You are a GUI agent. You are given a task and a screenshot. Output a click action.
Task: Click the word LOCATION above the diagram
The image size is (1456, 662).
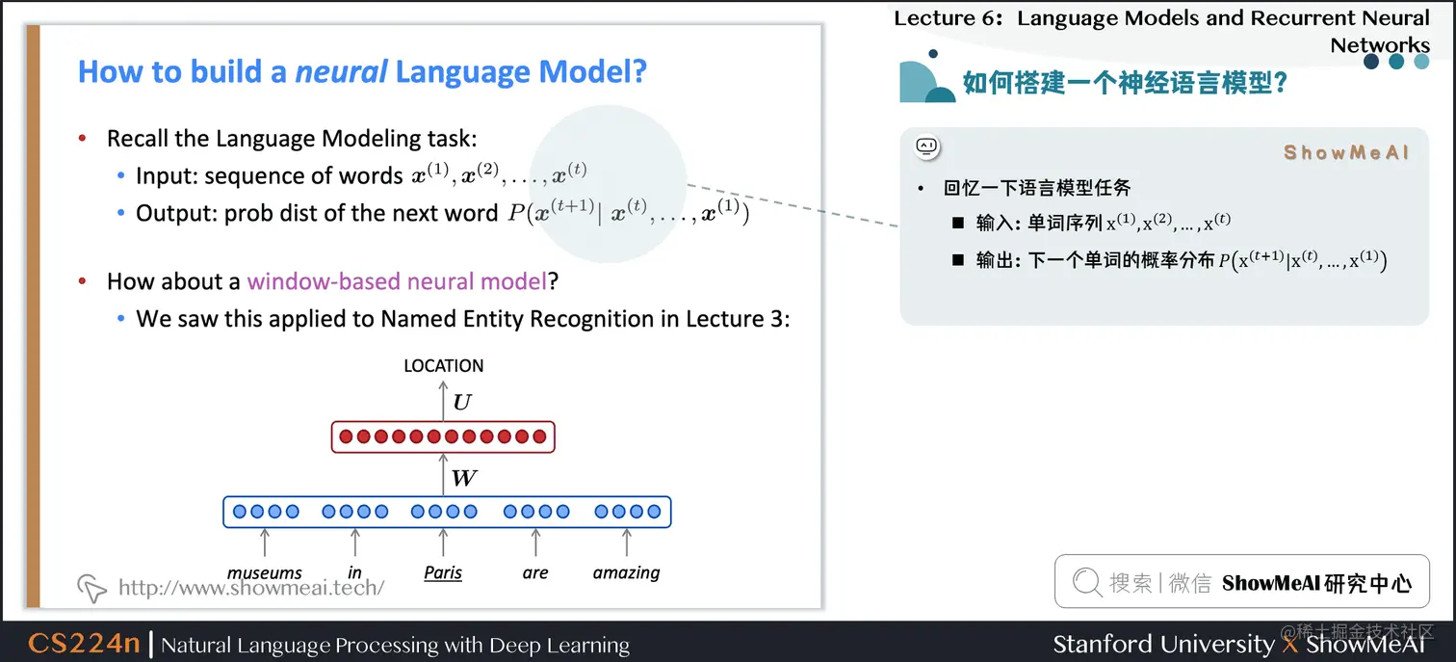tap(443, 365)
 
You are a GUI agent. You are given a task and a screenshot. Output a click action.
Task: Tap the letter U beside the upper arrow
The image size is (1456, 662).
tap(462, 403)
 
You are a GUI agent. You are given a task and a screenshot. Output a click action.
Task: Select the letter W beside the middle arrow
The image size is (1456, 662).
tap(464, 478)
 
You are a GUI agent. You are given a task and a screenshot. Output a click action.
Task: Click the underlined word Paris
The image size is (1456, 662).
tap(443, 572)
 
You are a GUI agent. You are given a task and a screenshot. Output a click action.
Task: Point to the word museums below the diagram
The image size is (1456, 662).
tap(265, 573)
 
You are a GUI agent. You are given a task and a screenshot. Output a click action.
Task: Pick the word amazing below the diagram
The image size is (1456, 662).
tap(626, 573)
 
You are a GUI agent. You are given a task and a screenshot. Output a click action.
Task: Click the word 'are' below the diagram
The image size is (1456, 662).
tap(535, 573)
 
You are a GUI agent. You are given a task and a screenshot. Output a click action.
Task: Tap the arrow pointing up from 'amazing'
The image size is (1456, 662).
tap(627, 542)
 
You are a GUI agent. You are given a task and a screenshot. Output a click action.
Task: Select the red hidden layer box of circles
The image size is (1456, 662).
tap(443, 437)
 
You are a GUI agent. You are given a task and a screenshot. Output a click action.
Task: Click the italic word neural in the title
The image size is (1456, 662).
tap(341, 71)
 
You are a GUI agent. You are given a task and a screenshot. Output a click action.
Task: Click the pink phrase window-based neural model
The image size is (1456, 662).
tap(397, 281)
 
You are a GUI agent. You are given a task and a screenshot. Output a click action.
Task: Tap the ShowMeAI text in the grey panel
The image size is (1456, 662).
tap(1345, 152)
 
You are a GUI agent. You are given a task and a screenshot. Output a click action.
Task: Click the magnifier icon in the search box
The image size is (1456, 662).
tap(1087, 581)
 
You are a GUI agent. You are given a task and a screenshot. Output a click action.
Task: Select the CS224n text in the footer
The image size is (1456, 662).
tap(84, 643)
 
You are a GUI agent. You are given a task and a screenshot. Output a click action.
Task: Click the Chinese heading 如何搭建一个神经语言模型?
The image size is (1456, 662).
tap(1125, 83)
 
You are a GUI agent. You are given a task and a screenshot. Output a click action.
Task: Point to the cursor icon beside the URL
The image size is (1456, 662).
tap(91, 588)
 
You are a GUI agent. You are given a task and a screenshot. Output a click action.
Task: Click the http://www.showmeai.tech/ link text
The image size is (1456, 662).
tap(251, 587)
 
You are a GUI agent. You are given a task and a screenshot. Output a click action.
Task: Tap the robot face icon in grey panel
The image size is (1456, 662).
tap(927, 147)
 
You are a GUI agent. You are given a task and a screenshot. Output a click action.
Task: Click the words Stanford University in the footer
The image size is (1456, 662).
tap(1163, 644)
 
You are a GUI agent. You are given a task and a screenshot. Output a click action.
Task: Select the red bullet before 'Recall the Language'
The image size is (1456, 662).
tap(83, 138)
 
